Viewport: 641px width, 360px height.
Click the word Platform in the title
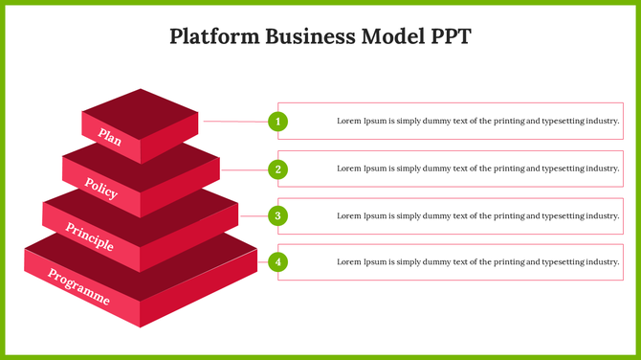(x=206, y=37)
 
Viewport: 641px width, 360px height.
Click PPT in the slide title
(x=450, y=37)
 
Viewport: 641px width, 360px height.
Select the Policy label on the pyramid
(x=100, y=187)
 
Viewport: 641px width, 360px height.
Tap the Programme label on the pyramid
(x=78, y=287)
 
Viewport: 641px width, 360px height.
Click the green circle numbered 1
(x=277, y=122)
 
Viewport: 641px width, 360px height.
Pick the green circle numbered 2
(x=277, y=169)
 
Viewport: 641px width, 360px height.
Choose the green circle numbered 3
(x=277, y=215)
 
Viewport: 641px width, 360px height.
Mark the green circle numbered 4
(x=277, y=261)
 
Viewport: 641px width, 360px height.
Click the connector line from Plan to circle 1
(x=234, y=122)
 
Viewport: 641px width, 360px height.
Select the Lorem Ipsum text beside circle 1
(x=478, y=122)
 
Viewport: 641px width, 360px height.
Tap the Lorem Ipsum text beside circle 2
(x=478, y=169)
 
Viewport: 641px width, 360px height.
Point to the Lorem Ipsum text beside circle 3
(x=478, y=215)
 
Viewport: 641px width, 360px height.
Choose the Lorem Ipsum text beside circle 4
(x=478, y=261)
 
